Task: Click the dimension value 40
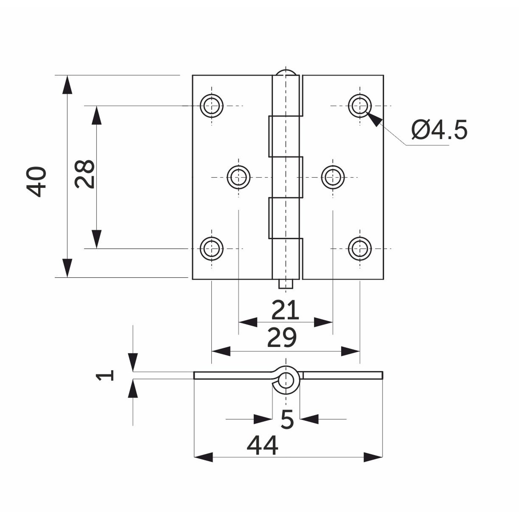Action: tap(36, 182)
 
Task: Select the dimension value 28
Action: tap(84, 174)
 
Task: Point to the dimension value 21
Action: tap(285, 310)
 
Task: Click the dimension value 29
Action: tap(282, 338)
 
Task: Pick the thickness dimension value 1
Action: tap(105, 375)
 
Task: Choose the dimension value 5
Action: tap(287, 419)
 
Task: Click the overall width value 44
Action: tap(262, 446)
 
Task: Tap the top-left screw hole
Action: tap(212, 106)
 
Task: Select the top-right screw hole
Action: tap(360, 106)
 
